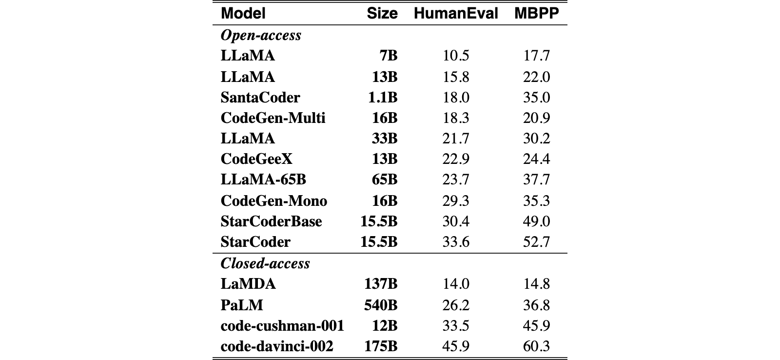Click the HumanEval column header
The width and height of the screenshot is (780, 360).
click(x=456, y=13)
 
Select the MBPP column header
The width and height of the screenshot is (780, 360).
click(x=537, y=13)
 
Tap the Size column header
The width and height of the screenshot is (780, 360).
click(x=382, y=13)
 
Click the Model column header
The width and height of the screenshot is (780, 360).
click(x=243, y=13)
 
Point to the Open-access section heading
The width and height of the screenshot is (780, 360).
click(x=261, y=35)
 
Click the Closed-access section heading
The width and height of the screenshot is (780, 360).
click(x=265, y=263)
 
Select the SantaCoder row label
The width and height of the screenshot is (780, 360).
click(x=260, y=97)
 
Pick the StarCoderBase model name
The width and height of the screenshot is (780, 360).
click(x=271, y=221)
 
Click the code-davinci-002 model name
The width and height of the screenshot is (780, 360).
click(x=277, y=346)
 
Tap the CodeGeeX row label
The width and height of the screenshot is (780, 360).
click(x=256, y=159)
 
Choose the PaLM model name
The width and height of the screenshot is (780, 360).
click(x=242, y=305)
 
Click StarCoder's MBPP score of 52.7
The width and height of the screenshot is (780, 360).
click(x=536, y=242)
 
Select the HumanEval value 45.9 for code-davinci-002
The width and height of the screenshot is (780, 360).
click(x=456, y=346)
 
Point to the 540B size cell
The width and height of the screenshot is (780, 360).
click(x=381, y=305)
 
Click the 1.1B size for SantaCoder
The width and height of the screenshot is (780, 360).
click(x=383, y=97)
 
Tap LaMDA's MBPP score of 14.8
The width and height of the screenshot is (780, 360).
click(x=536, y=284)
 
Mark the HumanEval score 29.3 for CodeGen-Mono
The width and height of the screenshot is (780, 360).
click(x=456, y=201)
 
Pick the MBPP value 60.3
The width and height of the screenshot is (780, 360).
click(x=536, y=346)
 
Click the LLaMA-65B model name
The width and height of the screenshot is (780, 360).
click(x=263, y=180)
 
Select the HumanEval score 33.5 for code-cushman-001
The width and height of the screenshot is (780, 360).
click(x=456, y=325)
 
